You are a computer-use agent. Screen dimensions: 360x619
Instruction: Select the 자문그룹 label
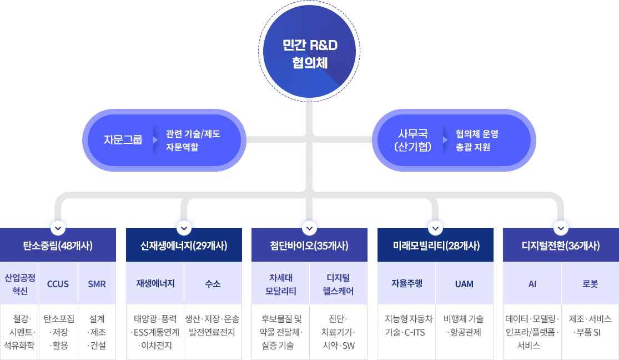pyautogui.click(x=123, y=139)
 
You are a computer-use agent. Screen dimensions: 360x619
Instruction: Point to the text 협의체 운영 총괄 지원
pyautogui.click(x=477, y=140)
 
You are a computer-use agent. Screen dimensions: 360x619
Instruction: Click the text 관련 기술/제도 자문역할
pyautogui.click(x=193, y=140)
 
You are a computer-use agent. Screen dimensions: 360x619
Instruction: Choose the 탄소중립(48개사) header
pyautogui.click(x=58, y=246)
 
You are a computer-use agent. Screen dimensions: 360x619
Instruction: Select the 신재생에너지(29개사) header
pyautogui.click(x=184, y=246)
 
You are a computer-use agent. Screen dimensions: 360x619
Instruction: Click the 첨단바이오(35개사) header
pyautogui.click(x=309, y=246)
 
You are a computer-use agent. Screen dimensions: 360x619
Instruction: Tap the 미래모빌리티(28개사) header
pyautogui.click(x=435, y=246)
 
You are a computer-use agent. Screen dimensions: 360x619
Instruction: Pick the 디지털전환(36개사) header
pyautogui.click(x=561, y=246)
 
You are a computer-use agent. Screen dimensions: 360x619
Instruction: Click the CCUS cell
pyautogui.click(x=58, y=284)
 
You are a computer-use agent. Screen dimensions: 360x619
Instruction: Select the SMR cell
pyautogui.click(x=97, y=284)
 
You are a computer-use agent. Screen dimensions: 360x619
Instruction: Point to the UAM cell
pyautogui.click(x=464, y=284)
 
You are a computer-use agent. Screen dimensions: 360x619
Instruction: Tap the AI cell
pyautogui.click(x=532, y=284)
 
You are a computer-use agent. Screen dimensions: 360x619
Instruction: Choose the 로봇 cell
pyautogui.click(x=590, y=284)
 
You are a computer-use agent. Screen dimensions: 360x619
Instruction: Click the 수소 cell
pyautogui.click(x=213, y=284)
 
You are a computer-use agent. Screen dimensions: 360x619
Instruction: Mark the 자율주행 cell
pyautogui.click(x=406, y=283)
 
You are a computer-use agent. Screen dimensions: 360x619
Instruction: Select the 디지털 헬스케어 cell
pyautogui.click(x=339, y=284)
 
